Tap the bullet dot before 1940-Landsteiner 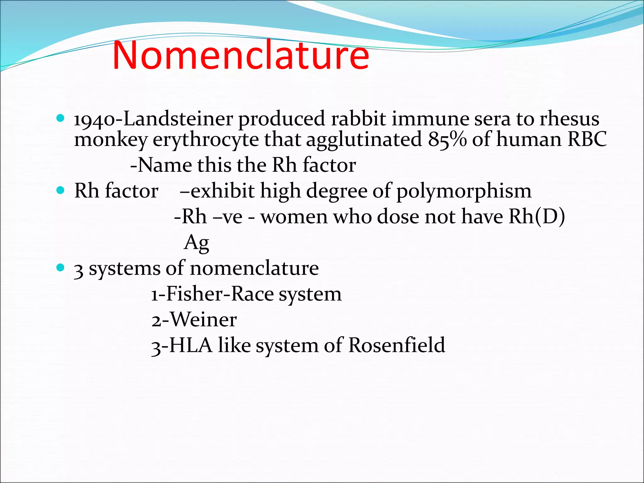click(x=60, y=118)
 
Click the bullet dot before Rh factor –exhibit click(x=60, y=190)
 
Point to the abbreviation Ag click(x=197, y=243)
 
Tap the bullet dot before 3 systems click(x=60, y=268)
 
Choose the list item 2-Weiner click(x=194, y=320)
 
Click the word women click(x=294, y=217)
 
